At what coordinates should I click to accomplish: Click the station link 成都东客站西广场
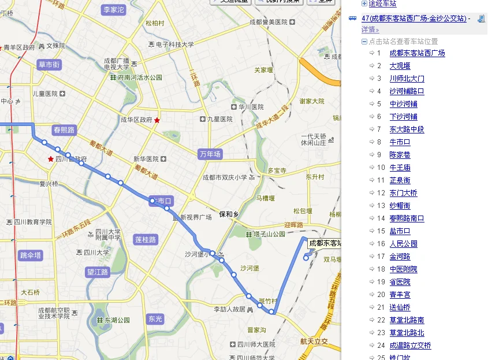point(417,53)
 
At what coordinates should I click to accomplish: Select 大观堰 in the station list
point(400,66)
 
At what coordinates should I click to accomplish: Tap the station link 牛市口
point(400,142)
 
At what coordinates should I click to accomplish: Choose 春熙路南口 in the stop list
point(407,218)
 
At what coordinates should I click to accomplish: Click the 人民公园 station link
point(403,244)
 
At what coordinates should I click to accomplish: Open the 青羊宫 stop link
point(400,295)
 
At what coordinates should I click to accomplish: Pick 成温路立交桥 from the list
point(410,346)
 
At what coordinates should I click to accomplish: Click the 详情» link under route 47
point(370,29)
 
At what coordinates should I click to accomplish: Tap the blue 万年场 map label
point(210,154)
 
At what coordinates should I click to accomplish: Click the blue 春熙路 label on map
point(64,130)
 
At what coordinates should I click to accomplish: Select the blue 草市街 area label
point(49,65)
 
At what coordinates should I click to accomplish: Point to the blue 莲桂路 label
point(145,239)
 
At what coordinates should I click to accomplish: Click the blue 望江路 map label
point(98,272)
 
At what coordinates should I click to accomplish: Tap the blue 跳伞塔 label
point(31,255)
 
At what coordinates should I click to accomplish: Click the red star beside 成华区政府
point(157,120)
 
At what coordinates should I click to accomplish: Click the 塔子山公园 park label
point(265,234)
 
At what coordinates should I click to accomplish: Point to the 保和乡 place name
point(229,214)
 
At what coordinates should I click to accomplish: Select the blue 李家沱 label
point(114,10)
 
